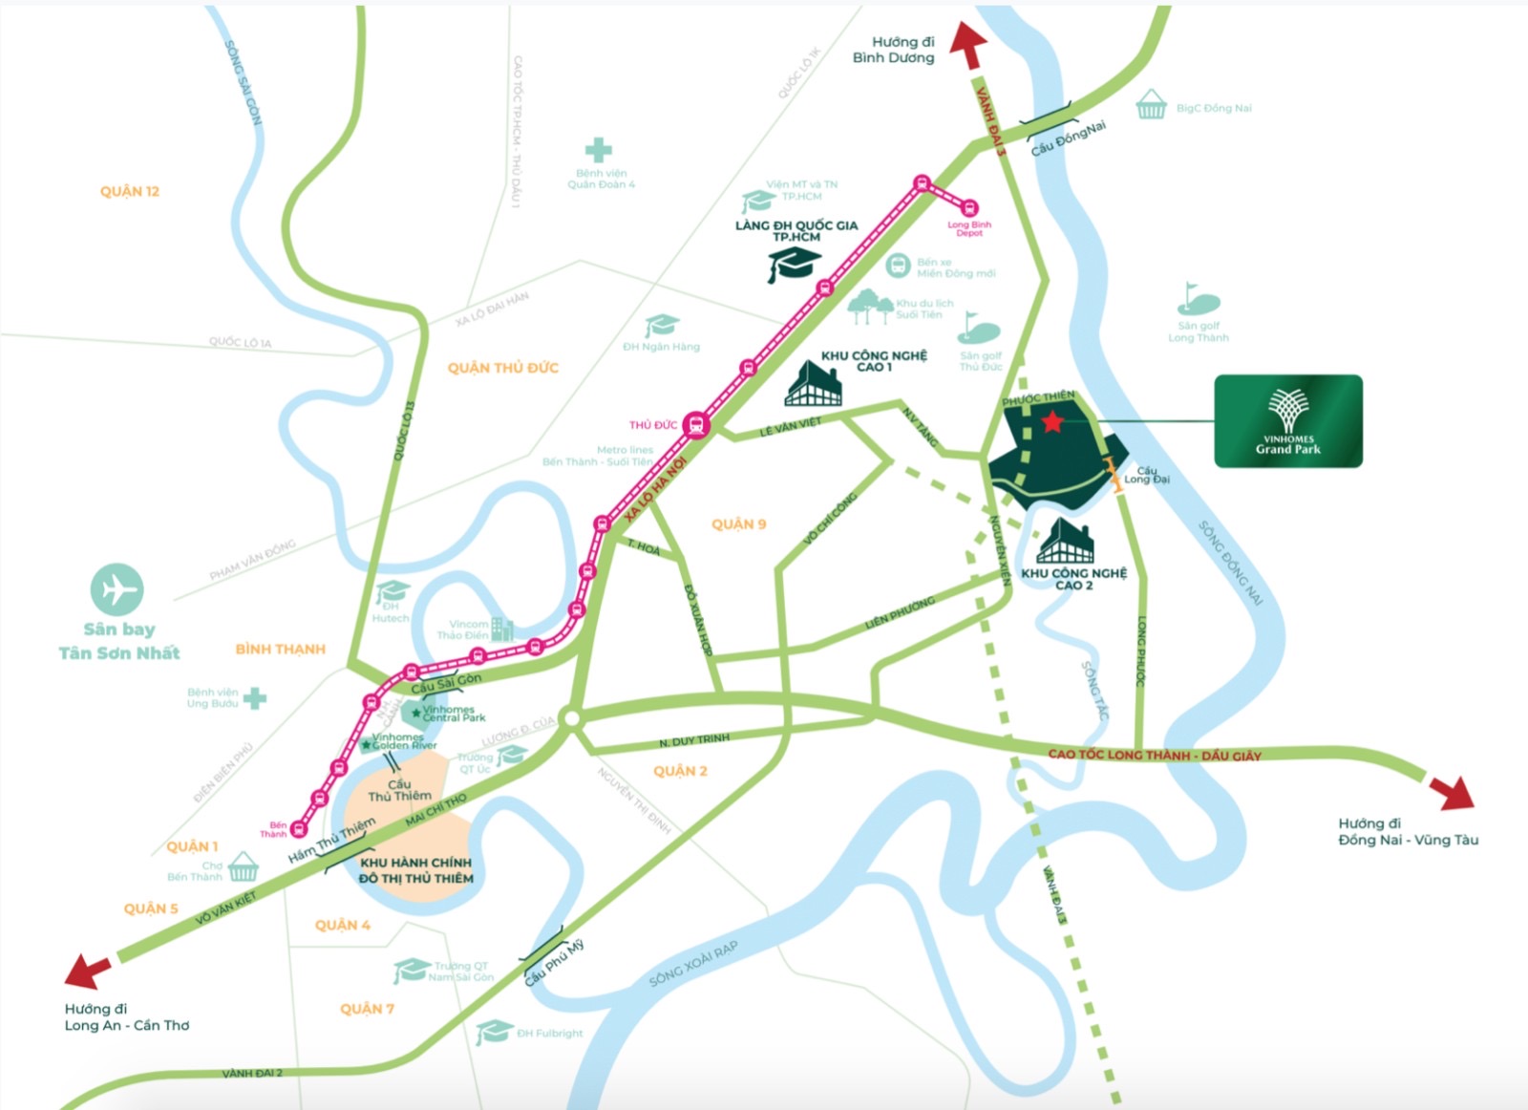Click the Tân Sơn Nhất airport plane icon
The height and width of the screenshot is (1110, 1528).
point(117,590)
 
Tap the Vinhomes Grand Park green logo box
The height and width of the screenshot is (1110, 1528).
point(1287,421)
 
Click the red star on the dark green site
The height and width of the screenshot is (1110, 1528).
point(1052,421)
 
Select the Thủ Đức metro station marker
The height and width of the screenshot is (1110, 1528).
point(696,425)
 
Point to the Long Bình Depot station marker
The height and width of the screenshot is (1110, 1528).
point(969,208)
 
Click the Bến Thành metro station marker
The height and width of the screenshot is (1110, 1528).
point(299,829)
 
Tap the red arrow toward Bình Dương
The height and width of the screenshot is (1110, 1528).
point(969,45)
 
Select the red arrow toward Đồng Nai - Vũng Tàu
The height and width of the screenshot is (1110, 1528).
point(1454,792)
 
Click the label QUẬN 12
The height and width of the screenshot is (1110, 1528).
point(130,191)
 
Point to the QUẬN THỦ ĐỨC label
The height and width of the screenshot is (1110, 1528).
point(502,368)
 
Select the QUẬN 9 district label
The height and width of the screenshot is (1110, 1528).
point(738,524)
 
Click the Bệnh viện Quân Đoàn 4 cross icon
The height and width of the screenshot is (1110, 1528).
point(599,150)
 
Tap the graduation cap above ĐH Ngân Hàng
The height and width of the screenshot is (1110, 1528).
point(661,326)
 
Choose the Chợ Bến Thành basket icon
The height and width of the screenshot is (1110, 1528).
point(244,866)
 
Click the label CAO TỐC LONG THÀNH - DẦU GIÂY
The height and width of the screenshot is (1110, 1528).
point(1155,755)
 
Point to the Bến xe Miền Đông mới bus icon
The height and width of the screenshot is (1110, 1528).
point(898,266)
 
